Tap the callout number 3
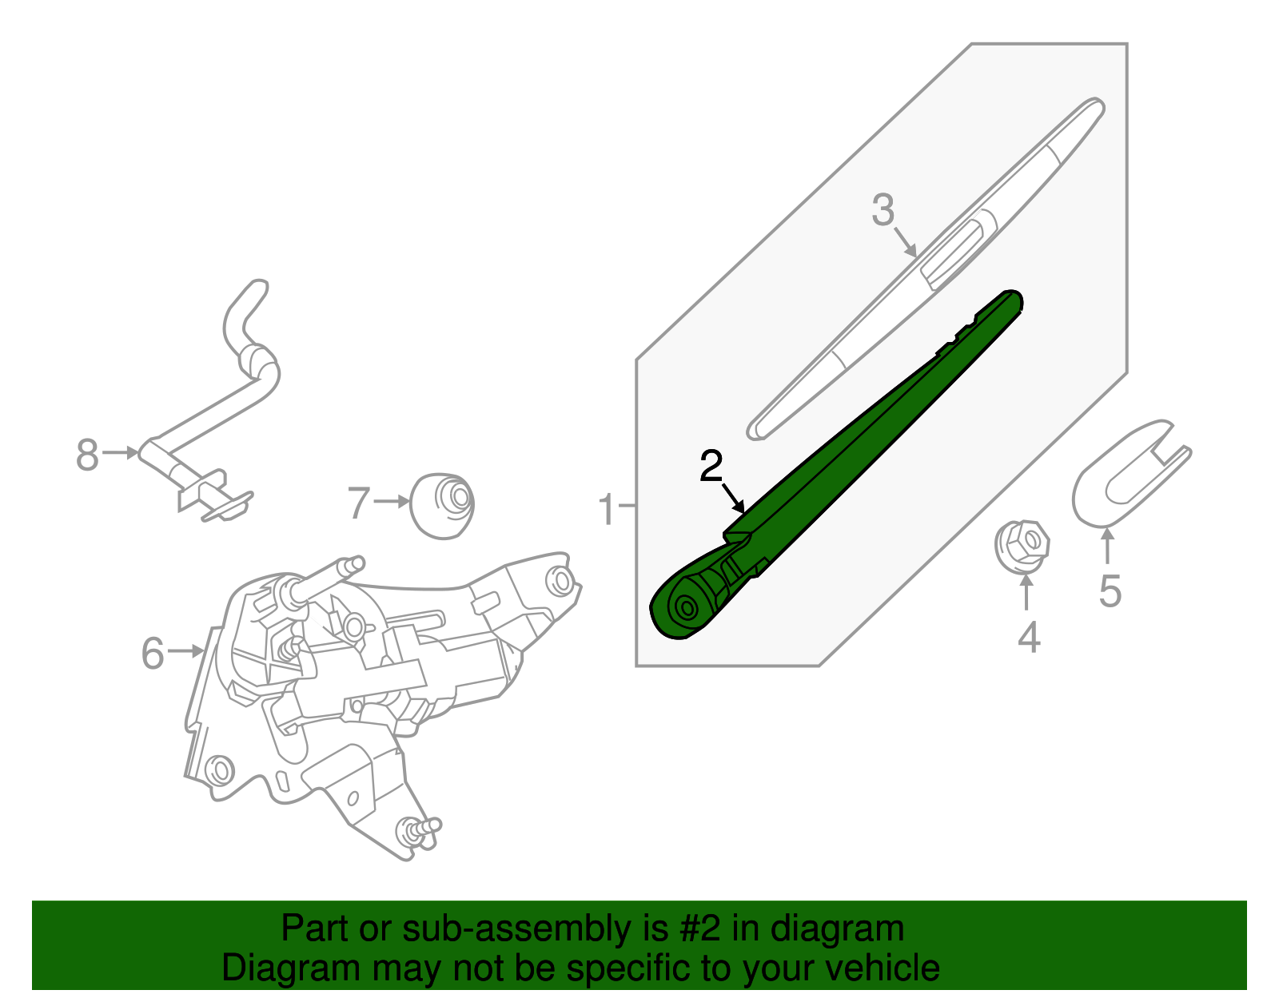pos(883,210)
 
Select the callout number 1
pos(608,509)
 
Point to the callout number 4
pos(1029,638)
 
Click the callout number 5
pos(1110,591)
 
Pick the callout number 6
pos(153,654)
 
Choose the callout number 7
pos(358,503)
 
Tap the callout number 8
pos(87,455)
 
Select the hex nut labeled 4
pos(1022,546)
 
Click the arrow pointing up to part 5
pos(1107,547)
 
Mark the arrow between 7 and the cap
pos(392,502)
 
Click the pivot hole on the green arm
pos(685,608)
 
